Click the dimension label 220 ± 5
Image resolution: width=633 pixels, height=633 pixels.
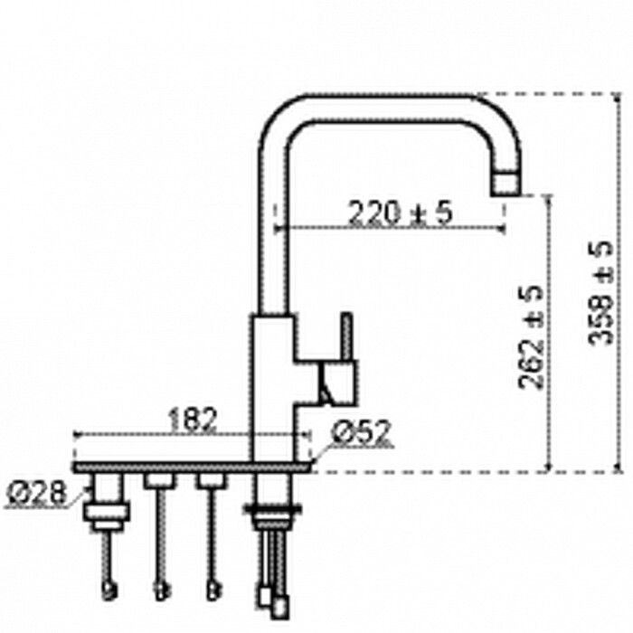tap(399, 213)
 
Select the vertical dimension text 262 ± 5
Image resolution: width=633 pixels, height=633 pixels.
tap(531, 336)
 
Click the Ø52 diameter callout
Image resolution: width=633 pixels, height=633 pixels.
tap(360, 434)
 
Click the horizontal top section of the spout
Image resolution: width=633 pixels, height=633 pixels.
tap(389, 108)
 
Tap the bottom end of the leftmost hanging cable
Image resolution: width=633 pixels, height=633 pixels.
tap(109, 591)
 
